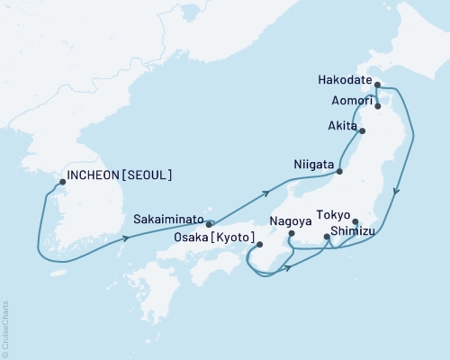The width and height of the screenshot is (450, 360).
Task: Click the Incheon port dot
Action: click(62, 182)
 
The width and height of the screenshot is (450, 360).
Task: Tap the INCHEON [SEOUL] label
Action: click(120, 175)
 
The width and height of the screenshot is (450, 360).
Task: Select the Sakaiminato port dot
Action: click(210, 224)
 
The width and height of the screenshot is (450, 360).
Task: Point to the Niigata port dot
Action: click(340, 171)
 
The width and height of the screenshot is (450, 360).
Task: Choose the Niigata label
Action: click(314, 165)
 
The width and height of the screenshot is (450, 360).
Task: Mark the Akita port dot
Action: click(363, 131)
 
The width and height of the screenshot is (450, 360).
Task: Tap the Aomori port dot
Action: click(378, 106)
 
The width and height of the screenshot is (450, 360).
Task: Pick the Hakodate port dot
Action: click(378, 85)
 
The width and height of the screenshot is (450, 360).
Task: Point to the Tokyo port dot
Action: click(355, 221)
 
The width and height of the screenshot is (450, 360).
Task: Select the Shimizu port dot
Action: click(327, 238)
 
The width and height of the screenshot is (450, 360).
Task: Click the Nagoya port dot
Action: click(290, 236)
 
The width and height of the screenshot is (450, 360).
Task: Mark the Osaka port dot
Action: click(258, 244)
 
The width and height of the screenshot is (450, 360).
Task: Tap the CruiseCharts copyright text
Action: click(5, 328)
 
